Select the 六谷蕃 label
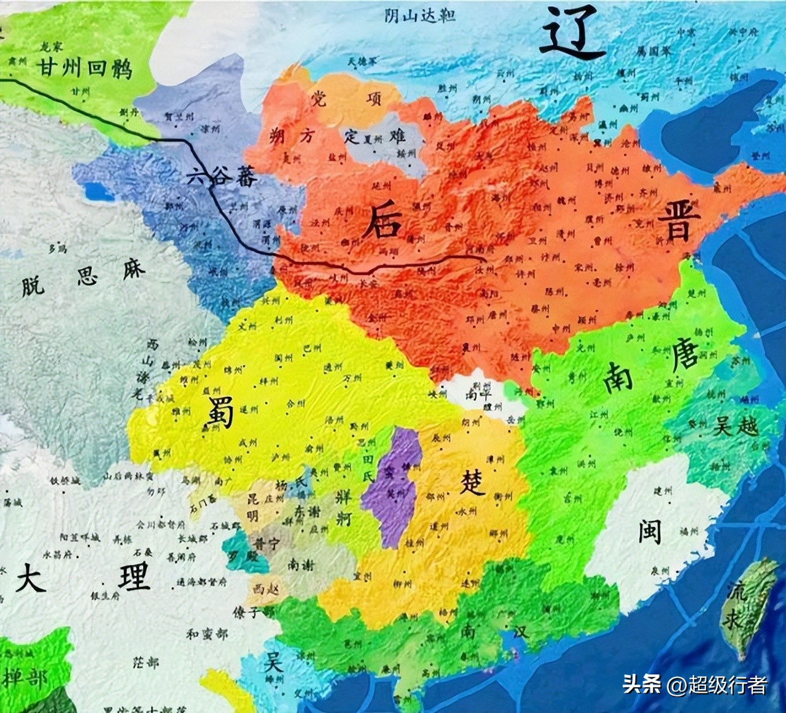point(222,178)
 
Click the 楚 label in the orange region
point(472,482)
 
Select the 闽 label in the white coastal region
point(649,530)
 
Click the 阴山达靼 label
point(420,15)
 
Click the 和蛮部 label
point(207,634)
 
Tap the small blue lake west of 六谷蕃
point(98,193)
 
